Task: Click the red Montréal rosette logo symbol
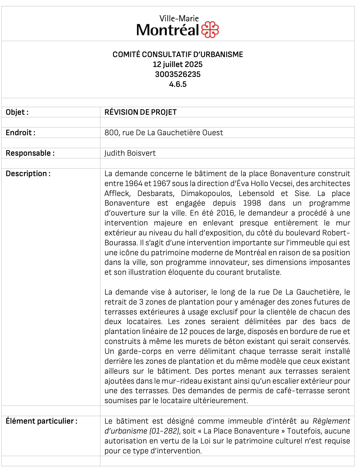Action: pyautogui.click(x=210, y=30)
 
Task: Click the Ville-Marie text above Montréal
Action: pyautogui.click(x=179, y=19)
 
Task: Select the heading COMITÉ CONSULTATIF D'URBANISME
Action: pyautogui.click(x=178, y=55)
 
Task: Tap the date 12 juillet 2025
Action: pyautogui.click(x=178, y=65)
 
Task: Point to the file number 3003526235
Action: pyautogui.click(x=178, y=74)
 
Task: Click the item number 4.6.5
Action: pyautogui.click(x=178, y=84)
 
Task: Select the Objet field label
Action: pyautogui.click(x=17, y=112)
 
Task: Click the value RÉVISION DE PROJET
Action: pyautogui.click(x=140, y=112)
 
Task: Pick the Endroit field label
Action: pyautogui.click(x=20, y=133)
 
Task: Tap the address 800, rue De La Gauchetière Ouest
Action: pyautogui.click(x=164, y=133)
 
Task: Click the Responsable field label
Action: pyautogui.click(x=30, y=153)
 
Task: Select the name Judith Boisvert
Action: pyautogui.click(x=130, y=153)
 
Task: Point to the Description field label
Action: pyautogui.click(x=28, y=174)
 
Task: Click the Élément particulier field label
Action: pyautogui.click(x=42, y=421)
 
